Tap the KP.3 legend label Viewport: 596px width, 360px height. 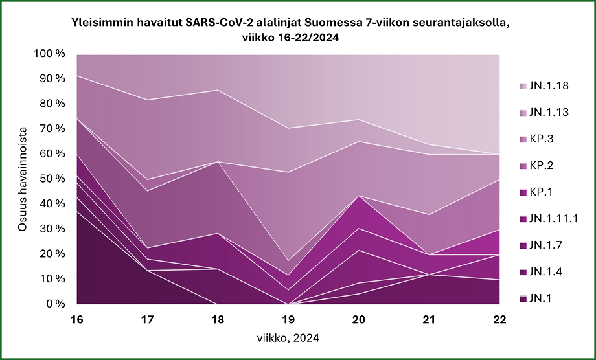point(540,139)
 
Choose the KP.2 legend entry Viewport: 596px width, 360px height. point(540,166)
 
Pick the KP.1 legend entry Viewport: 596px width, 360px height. point(540,192)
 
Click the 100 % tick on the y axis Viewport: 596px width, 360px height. point(49,54)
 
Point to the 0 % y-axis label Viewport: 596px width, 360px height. point(54,304)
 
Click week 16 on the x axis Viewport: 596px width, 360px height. point(77,319)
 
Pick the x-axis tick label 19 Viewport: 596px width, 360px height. point(289,319)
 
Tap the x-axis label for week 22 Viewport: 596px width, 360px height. point(500,319)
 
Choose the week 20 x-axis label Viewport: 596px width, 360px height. point(360,319)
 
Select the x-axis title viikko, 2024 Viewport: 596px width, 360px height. point(289,338)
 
